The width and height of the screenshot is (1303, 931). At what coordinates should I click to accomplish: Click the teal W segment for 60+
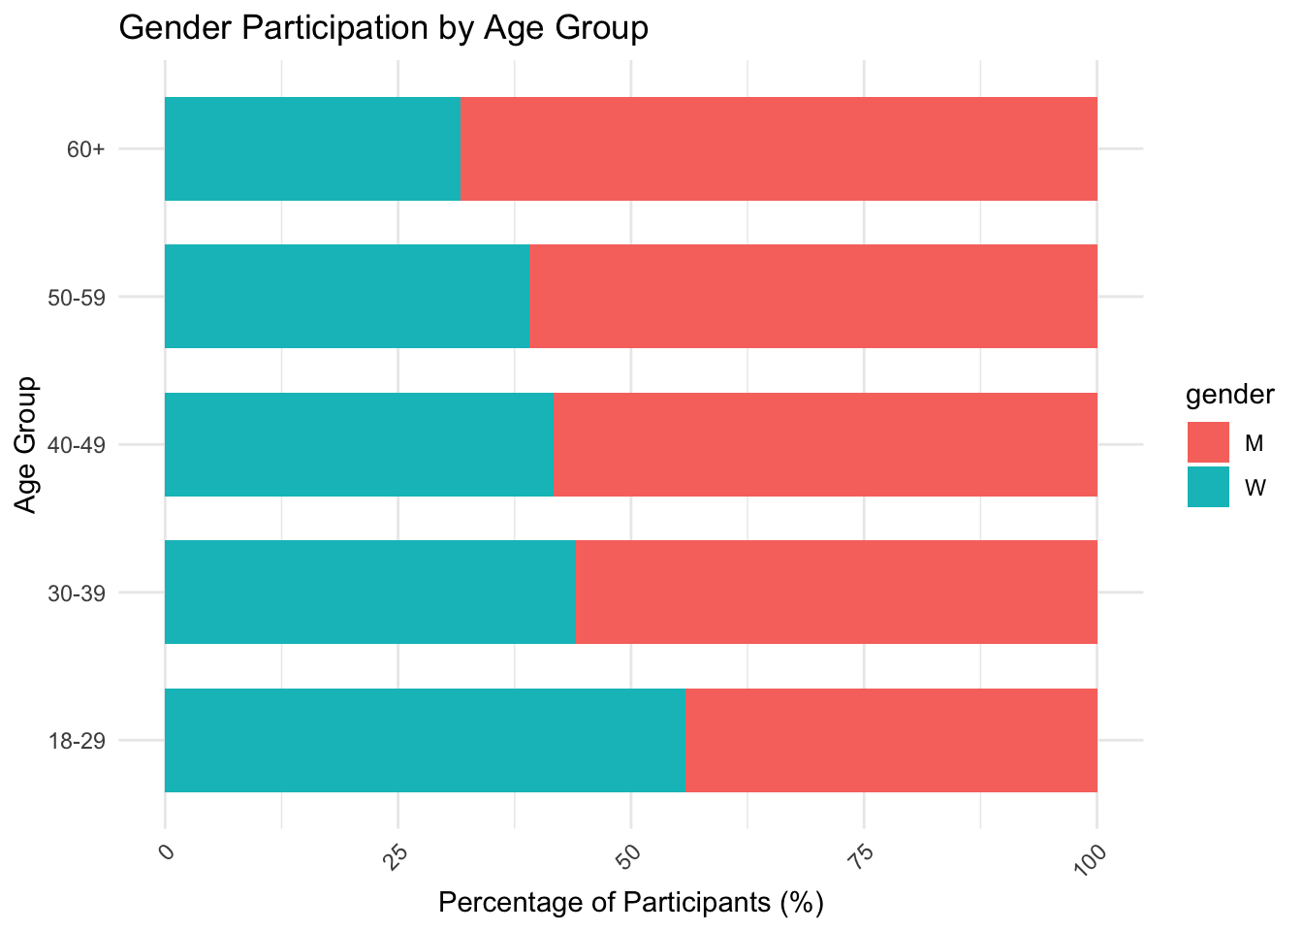[x=312, y=149]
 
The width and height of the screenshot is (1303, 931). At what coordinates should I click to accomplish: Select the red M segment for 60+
[x=779, y=149]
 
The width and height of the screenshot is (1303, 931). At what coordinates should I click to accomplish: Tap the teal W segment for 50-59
[x=346, y=297]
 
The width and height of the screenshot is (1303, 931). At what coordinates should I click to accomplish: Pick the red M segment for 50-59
[x=812, y=297]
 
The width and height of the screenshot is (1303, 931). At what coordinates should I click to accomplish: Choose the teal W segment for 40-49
[x=359, y=445]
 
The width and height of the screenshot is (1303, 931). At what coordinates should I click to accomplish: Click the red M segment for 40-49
[x=825, y=445]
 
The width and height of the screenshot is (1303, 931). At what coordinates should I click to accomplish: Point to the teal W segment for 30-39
[x=369, y=593]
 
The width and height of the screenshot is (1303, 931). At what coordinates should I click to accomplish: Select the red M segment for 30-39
[x=836, y=593]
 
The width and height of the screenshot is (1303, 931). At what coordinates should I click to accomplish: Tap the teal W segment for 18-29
[x=425, y=741]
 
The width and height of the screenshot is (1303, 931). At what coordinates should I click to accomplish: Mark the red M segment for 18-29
[x=891, y=741]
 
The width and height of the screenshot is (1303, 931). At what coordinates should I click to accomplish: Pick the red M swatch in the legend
[x=1208, y=442]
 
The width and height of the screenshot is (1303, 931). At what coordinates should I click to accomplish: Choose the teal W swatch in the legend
[x=1208, y=487]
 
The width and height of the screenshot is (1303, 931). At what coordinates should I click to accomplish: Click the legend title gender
[x=1229, y=395]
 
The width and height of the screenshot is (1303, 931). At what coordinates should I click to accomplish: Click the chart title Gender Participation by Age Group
[x=382, y=28]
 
